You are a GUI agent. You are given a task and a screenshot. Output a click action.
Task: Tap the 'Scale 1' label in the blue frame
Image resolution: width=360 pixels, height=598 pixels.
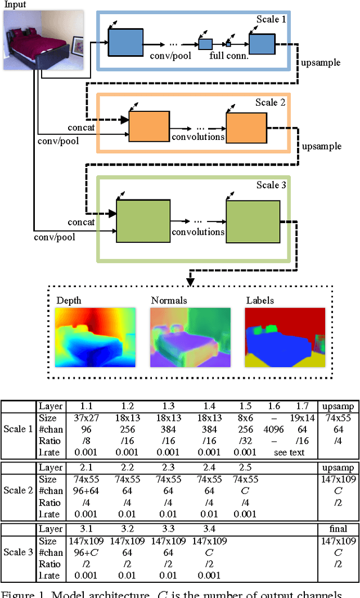[x=271, y=20]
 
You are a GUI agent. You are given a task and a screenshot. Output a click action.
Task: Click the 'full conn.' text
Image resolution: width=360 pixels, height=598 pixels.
[x=228, y=56]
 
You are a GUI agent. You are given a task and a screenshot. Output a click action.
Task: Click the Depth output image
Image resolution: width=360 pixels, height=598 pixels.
[x=96, y=337]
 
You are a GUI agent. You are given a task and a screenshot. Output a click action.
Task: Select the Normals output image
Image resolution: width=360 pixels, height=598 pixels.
[x=191, y=337]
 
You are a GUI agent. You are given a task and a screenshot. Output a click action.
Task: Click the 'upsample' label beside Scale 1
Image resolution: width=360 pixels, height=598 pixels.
[x=322, y=62]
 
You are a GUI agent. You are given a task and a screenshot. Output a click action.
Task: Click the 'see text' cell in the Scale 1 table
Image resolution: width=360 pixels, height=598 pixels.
[x=289, y=452]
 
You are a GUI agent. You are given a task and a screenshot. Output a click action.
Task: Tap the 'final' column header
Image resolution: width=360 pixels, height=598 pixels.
[x=337, y=529]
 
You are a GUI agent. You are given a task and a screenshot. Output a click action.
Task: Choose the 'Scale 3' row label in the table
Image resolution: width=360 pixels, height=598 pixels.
[x=19, y=552]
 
